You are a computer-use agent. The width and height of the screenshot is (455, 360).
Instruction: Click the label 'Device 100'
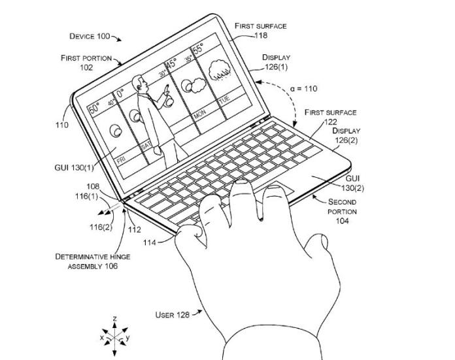point(90,37)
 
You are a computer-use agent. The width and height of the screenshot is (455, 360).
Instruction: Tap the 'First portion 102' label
point(86,62)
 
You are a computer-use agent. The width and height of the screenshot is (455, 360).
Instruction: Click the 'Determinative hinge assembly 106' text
point(92,261)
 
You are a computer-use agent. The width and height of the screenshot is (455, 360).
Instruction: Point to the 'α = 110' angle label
point(303,88)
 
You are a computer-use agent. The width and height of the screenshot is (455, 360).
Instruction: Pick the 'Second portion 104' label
point(342,212)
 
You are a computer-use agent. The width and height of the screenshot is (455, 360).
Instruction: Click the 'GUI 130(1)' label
point(75,167)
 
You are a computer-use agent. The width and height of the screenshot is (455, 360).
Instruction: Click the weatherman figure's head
point(137,83)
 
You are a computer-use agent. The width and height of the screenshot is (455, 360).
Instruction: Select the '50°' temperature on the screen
point(94,107)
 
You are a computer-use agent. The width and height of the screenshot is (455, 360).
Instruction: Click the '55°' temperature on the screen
point(197,49)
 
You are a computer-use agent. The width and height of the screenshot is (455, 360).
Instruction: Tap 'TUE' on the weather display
point(224,100)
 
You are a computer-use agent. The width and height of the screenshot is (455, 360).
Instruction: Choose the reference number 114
point(169,242)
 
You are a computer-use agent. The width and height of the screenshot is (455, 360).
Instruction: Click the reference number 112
point(135,229)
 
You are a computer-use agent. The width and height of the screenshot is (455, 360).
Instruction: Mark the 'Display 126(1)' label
point(276,61)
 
